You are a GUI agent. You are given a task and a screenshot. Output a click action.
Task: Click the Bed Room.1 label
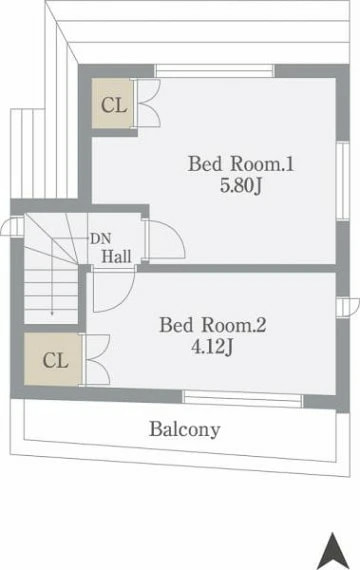point(241,164)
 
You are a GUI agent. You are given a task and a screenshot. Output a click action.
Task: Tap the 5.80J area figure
point(241,186)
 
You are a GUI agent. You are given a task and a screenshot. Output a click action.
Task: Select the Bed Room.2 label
point(213,325)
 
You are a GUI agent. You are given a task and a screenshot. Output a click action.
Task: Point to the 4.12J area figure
point(212,347)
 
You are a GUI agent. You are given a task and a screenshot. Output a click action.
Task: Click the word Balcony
point(185,429)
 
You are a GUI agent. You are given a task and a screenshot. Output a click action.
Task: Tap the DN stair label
point(100,239)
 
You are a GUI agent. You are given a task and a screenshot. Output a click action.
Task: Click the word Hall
point(116,256)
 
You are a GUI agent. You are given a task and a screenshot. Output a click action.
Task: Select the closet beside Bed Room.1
point(112,104)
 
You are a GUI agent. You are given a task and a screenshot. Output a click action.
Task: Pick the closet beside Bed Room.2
point(53,359)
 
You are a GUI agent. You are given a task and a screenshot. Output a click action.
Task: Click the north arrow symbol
point(332,550)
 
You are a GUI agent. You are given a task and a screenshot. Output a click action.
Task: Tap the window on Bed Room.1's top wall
point(214,71)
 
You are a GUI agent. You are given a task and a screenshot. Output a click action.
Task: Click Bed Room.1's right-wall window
point(343,181)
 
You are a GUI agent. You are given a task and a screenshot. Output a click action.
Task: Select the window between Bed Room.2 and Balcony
point(243,399)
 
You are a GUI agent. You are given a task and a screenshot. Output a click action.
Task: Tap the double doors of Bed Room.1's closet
point(147,104)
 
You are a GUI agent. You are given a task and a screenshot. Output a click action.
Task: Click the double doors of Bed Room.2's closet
point(95,359)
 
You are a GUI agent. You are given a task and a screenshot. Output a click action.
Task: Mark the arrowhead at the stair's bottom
point(52,313)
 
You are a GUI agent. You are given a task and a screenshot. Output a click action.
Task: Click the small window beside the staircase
point(13,226)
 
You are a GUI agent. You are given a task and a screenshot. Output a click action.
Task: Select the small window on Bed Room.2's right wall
point(348,307)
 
